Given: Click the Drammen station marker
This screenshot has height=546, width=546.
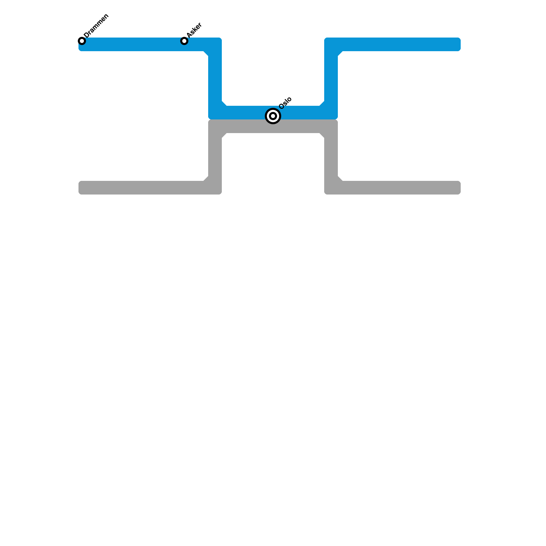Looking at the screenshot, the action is click(x=82, y=41).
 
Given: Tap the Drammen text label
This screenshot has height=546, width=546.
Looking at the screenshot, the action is click(x=96, y=26).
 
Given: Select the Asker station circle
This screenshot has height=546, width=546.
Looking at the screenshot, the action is click(x=184, y=41).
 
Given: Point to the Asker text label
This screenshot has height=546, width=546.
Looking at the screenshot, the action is click(x=195, y=30).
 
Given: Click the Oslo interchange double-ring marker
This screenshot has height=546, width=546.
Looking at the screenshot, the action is click(x=273, y=116).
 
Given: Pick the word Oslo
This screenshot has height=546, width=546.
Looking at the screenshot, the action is click(x=285, y=103).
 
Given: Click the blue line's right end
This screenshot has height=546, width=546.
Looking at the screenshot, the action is click(x=457, y=44).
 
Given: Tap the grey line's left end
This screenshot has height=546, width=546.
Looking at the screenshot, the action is click(x=82, y=188).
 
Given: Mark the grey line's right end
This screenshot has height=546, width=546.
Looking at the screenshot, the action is click(x=457, y=188).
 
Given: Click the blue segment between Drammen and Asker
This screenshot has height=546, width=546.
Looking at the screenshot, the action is click(x=133, y=44).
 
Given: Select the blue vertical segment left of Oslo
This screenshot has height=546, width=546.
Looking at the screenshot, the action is click(x=215, y=78).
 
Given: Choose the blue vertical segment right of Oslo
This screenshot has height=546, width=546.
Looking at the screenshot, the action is click(x=331, y=78).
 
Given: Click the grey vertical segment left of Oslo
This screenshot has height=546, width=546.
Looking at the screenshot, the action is click(x=215, y=157).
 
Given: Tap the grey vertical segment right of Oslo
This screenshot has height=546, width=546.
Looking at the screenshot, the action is click(x=331, y=157).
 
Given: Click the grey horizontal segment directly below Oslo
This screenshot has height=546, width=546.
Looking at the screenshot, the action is click(x=273, y=126).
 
